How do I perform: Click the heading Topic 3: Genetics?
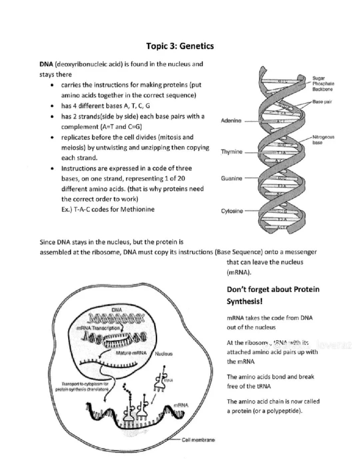(x=180, y=46)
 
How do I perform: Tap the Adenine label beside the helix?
(x=231, y=121)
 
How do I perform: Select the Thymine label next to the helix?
(x=231, y=152)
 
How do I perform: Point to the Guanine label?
(x=231, y=179)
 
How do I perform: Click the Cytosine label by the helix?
(x=232, y=211)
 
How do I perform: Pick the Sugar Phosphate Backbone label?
(x=323, y=84)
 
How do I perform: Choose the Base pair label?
(x=322, y=102)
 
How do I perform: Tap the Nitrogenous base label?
(x=323, y=140)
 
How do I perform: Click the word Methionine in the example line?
(x=137, y=209)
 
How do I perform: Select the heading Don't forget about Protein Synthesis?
(x=273, y=295)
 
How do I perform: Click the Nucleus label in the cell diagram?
(x=163, y=354)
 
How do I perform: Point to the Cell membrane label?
(x=198, y=440)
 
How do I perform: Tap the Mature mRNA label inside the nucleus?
(x=131, y=353)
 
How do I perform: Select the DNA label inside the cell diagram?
(x=117, y=310)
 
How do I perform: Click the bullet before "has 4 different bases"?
(x=52, y=106)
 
